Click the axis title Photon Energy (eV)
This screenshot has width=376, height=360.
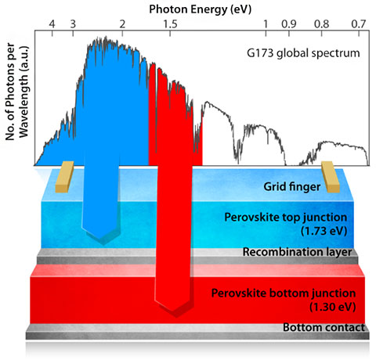pyautogui.click(x=204, y=8)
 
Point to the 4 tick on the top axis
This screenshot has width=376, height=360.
pyautogui.click(x=52, y=24)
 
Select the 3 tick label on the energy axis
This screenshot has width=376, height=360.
pyautogui.click(x=73, y=24)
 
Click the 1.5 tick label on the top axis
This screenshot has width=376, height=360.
pyautogui.click(x=170, y=24)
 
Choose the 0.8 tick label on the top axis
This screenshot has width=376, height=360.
pyautogui.click(x=321, y=24)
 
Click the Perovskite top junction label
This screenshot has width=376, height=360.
pyautogui.click(x=287, y=223)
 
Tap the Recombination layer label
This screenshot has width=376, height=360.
pyautogui.click(x=297, y=253)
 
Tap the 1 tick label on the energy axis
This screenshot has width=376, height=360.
pyautogui.click(x=266, y=24)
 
